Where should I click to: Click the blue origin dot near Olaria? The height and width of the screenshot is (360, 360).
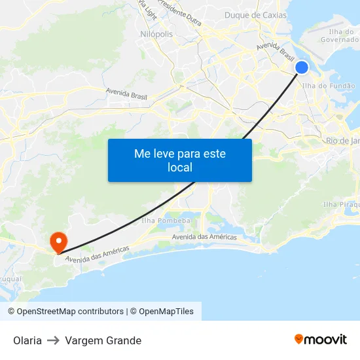coord(302,67)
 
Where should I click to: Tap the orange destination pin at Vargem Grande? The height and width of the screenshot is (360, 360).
coord(58,242)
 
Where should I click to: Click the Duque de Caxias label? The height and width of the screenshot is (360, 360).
coord(255,15)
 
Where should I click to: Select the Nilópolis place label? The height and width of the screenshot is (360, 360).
coord(156,34)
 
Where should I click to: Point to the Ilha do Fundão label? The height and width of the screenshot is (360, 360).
coord(329,86)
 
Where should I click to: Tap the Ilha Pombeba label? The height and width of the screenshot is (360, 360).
coord(166,221)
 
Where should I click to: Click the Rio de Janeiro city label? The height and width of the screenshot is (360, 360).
coord(342,141)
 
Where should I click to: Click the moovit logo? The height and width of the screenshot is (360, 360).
coord(321,339)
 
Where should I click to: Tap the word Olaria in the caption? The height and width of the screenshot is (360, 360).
coord(27,340)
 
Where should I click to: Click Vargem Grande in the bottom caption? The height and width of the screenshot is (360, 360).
coord(103,340)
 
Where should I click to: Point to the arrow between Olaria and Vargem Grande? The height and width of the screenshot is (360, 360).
coord(53,340)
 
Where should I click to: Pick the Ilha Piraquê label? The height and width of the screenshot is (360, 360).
coord(340,205)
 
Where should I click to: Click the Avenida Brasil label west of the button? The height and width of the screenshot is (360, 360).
coord(126,94)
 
